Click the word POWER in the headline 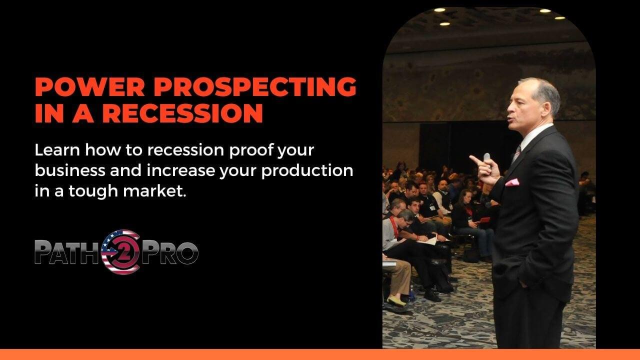tap(89, 86)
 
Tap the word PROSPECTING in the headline tap(255, 86)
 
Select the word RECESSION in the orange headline tap(182, 113)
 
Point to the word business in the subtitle tap(70, 170)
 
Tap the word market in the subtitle tap(154, 191)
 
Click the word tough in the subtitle tap(93, 191)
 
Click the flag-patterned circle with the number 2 tap(121, 251)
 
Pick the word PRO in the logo tap(169, 252)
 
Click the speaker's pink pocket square tap(512, 182)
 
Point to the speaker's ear tap(545, 109)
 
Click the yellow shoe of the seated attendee tap(396, 301)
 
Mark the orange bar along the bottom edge tap(320, 354)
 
